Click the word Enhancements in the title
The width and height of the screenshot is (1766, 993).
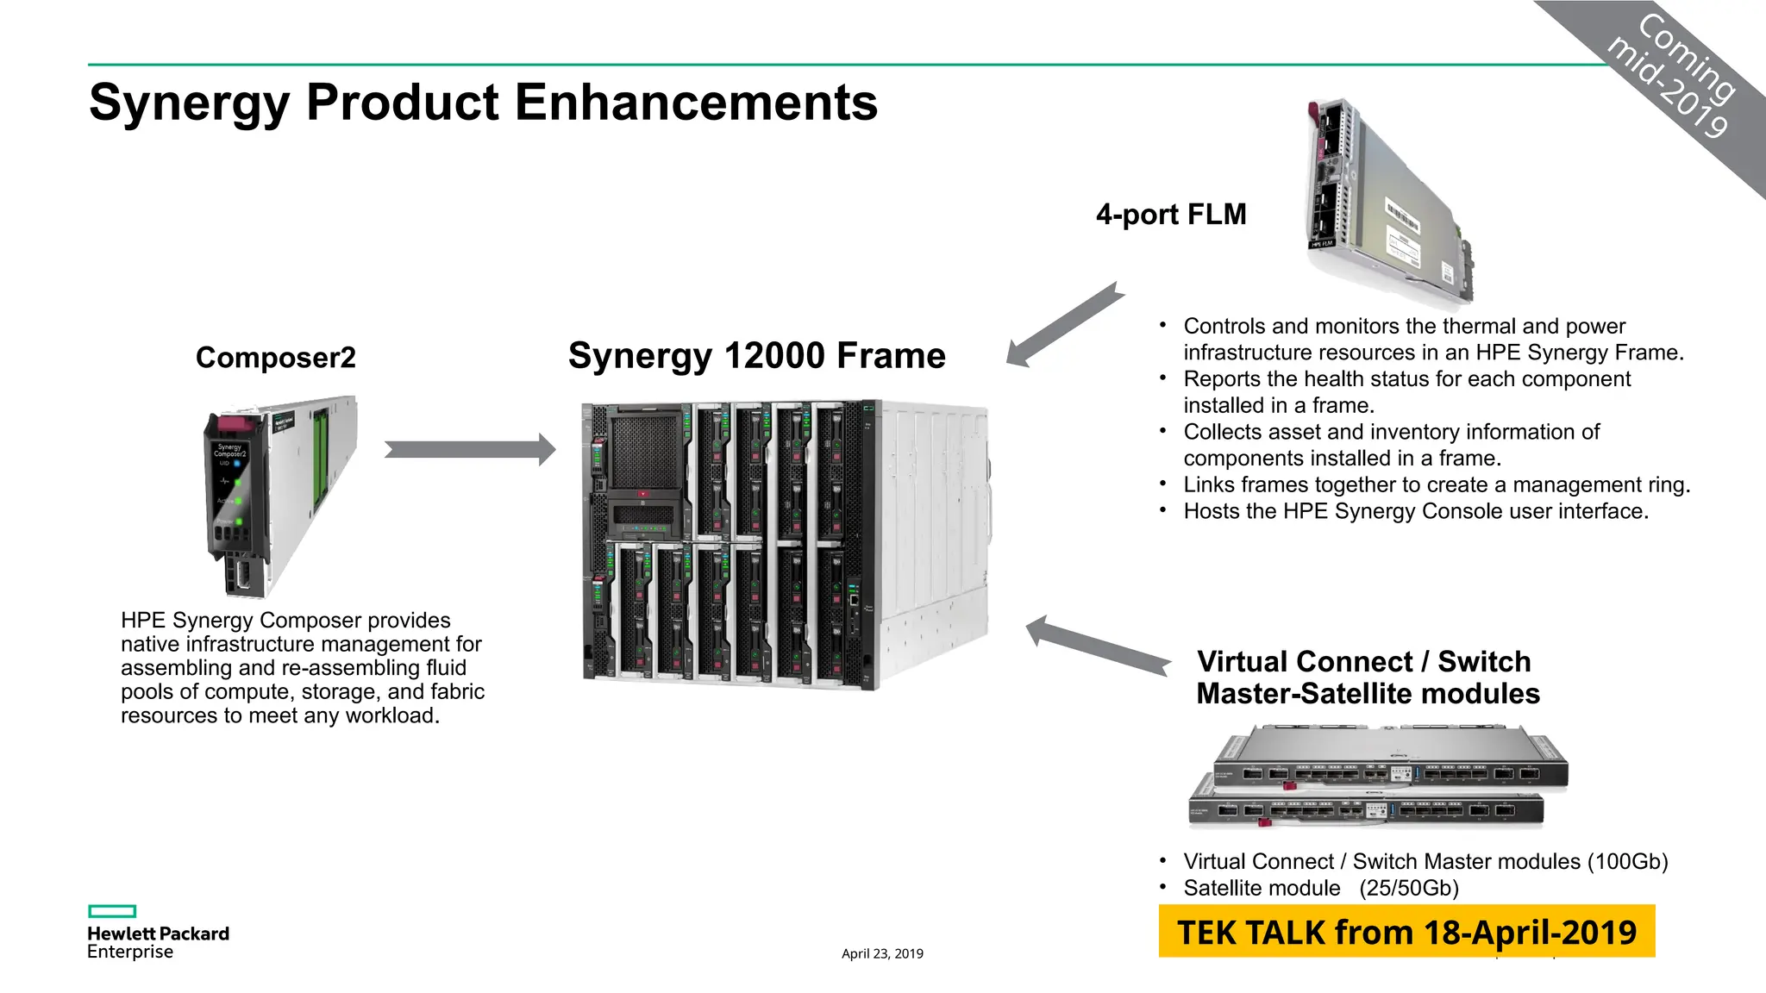click(696, 103)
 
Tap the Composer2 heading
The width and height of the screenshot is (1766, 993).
click(275, 358)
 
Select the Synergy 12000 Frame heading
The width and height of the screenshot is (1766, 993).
click(756, 356)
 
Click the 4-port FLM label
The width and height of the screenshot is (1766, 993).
click(1170, 214)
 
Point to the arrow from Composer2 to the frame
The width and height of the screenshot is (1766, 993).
click(470, 449)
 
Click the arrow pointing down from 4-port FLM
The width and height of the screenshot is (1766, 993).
click(1066, 326)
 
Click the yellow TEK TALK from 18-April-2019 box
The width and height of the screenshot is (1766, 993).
click(1406, 932)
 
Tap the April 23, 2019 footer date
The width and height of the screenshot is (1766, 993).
click(882, 953)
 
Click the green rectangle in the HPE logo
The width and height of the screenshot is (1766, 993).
click(112, 911)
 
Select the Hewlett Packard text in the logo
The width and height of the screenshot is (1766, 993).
click(158, 934)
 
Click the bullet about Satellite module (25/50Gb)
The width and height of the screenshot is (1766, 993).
click(1320, 888)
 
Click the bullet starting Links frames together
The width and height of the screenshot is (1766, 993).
click(1436, 484)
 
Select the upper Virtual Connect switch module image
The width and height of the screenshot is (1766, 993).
click(1390, 759)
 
